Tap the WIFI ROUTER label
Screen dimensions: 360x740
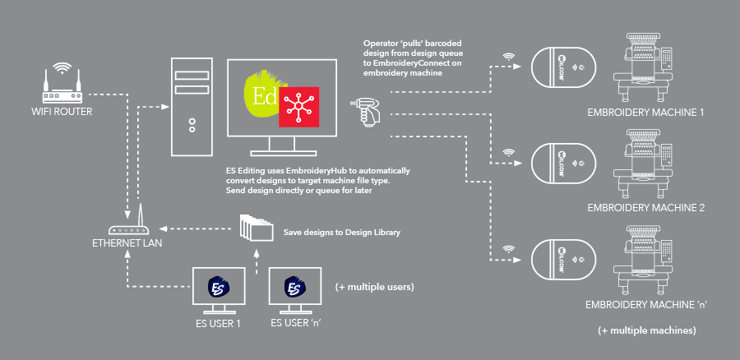(62, 109)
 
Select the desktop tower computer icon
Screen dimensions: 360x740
(191, 107)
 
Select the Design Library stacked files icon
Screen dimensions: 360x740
(256, 228)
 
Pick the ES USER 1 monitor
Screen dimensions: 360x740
(217, 289)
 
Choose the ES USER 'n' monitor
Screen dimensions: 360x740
(295, 289)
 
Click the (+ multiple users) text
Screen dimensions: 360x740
(374, 288)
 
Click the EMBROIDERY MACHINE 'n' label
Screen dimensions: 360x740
(647, 305)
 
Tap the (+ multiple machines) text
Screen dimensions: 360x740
(647, 330)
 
